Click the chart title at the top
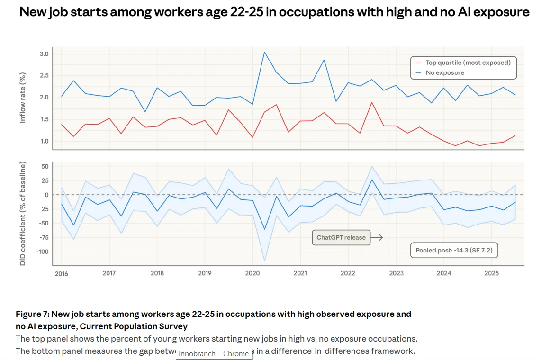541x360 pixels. (x=274, y=12)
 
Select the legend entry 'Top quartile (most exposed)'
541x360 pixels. (x=468, y=63)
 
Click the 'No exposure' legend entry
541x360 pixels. (x=444, y=72)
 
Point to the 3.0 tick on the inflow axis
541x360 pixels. (x=44, y=54)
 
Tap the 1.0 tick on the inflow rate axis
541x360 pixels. (x=44, y=141)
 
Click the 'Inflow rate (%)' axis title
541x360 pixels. (x=23, y=98)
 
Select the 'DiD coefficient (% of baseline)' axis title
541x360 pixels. (x=23, y=214)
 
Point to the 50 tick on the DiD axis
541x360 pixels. (x=45, y=166)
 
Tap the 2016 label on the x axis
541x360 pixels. (x=62, y=273)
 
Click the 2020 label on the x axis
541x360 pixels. (x=252, y=273)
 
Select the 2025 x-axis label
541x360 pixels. (x=491, y=273)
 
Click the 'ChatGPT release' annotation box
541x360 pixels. (x=341, y=237)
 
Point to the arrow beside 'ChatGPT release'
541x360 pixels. (x=377, y=237)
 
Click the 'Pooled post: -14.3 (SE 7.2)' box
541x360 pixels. (x=453, y=250)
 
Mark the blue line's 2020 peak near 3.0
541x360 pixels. (x=264, y=52)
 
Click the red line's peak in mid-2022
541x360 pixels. (x=372, y=102)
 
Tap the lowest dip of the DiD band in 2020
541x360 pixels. (x=264, y=261)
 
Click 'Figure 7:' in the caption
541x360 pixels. (x=33, y=314)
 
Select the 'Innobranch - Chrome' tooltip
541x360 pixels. (x=213, y=353)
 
